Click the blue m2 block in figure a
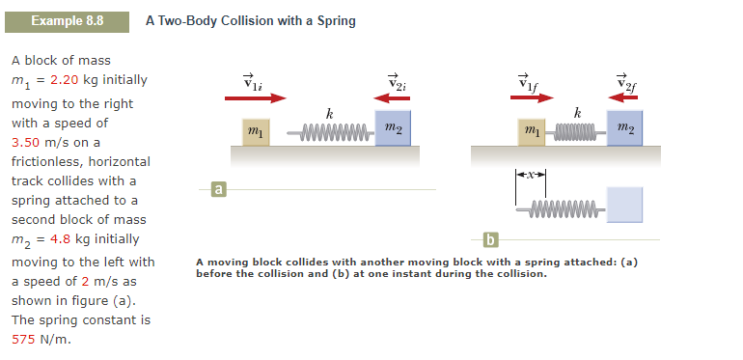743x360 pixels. pyautogui.click(x=393, y=128)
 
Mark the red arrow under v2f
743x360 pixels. pyautogui.click(x=628, y=97)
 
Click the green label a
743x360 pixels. pyautogui.click(x=219, y=189)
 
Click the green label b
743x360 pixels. pyautogui.click(x=491, y=238)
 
